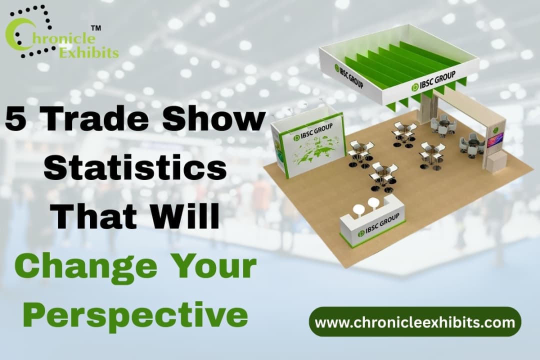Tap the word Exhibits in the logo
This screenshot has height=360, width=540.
click(89, 51)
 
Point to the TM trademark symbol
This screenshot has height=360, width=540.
click(96, 28)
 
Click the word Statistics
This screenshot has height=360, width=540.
click(135, 169)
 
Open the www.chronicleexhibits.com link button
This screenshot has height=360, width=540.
click(415, 322)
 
